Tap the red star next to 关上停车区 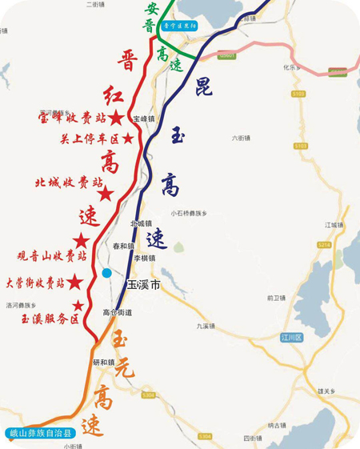coord(128,138)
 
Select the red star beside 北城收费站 coord(104,193)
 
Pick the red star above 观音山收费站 coord(82,240)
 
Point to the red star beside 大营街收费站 coord(74,282)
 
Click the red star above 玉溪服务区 coord(78,305)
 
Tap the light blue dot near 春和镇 coord(106,274)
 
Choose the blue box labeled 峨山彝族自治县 coord(37,434)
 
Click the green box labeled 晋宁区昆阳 coord(180,26)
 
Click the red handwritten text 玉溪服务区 coord(50,319)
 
